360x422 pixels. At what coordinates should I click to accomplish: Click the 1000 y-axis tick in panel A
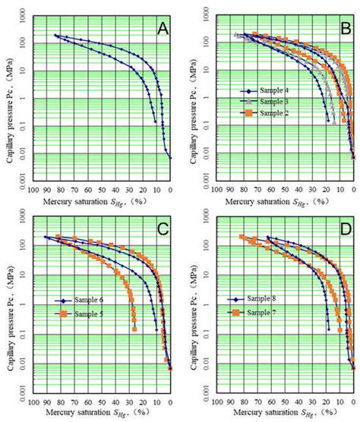coord(24,16)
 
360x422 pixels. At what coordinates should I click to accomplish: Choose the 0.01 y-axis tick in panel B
coord(209,154)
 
